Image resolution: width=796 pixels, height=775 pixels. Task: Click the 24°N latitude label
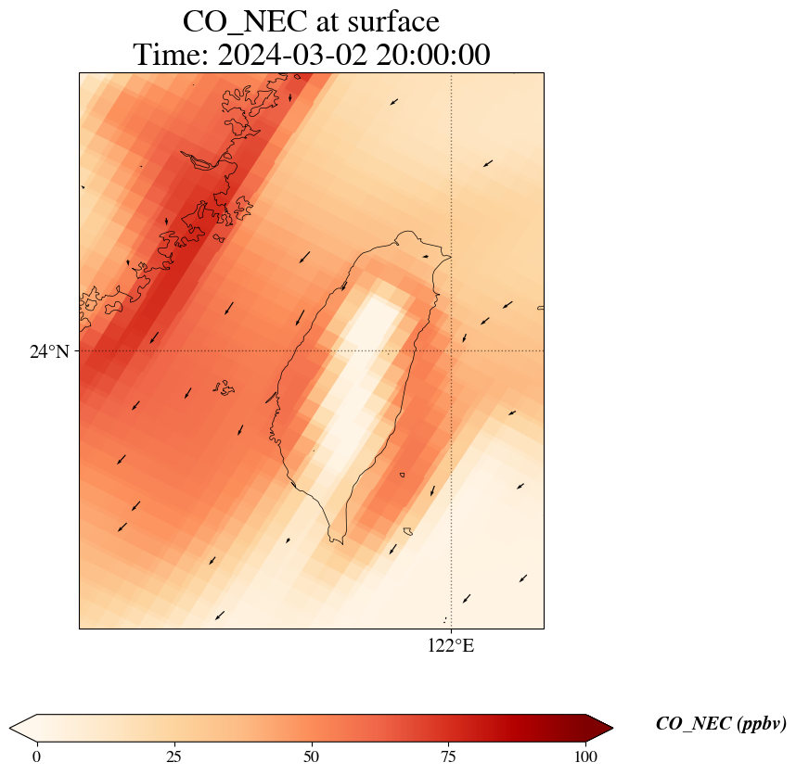coord(49,351)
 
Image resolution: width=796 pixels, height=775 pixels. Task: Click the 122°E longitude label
coord(451,646)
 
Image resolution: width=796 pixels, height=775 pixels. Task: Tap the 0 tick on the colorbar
coord(36,756)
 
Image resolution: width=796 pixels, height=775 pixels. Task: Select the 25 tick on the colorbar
coord(173,756)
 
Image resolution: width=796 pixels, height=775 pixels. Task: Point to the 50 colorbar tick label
coord(311,756)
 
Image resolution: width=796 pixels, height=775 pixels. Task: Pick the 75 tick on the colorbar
coord(448,756)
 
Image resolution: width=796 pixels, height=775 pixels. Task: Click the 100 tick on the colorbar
coord(585,756)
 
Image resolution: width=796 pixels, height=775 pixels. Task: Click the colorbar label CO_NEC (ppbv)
coord(721,724)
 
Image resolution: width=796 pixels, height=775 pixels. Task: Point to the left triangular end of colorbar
coord(23,728)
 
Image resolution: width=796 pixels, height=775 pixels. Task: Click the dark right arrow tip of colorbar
coord(599,728)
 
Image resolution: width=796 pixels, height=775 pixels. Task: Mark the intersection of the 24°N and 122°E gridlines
coord(451,351)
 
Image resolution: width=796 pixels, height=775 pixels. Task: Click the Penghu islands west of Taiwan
coord(223,387)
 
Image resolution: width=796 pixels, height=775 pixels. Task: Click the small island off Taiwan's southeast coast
coord(407,531)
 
